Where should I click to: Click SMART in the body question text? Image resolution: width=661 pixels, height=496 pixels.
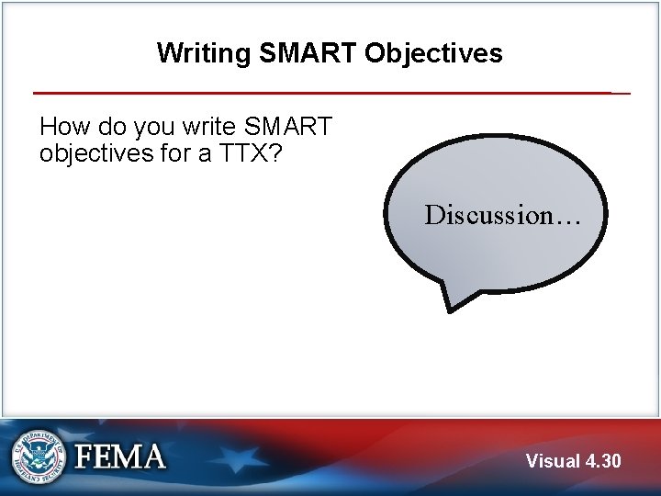pyautogui.click(x=286, y=126)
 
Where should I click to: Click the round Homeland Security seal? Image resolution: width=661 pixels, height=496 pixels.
pyautogui.click(x=39, y=457)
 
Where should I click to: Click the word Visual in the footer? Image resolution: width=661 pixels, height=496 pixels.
pyautogui.click(x=554, y=461)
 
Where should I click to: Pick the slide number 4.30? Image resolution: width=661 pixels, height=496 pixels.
pyautogui.click(x=603, y=461)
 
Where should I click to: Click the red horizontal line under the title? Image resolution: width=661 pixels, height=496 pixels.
pyautogui.click(x=321, y=93)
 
